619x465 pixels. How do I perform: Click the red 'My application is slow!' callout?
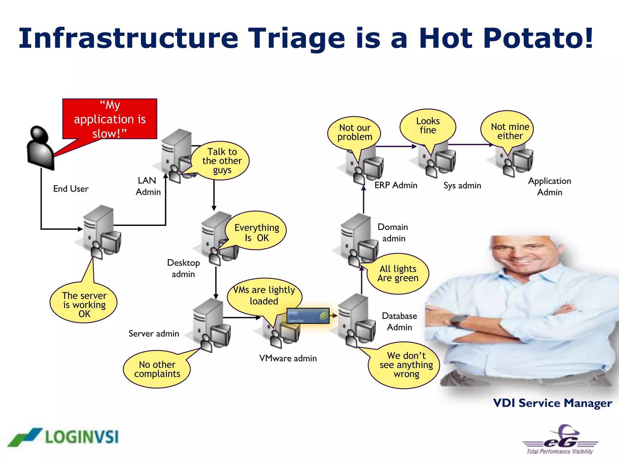110,119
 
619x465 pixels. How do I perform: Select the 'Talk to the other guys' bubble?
222,161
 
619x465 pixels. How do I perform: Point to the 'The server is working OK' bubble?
84,304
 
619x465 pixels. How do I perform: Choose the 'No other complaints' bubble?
157,369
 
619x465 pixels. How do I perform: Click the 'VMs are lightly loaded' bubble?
264,295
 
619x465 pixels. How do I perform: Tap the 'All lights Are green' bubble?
398,273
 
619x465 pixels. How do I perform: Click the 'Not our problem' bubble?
355,132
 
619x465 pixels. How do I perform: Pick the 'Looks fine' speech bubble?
428,126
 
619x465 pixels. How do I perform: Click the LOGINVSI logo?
63,437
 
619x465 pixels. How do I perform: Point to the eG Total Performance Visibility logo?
560,440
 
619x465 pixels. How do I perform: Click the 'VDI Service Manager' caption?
552,403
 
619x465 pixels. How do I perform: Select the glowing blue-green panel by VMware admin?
308,316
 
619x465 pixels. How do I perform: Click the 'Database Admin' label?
399,322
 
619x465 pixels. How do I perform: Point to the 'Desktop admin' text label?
183,268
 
